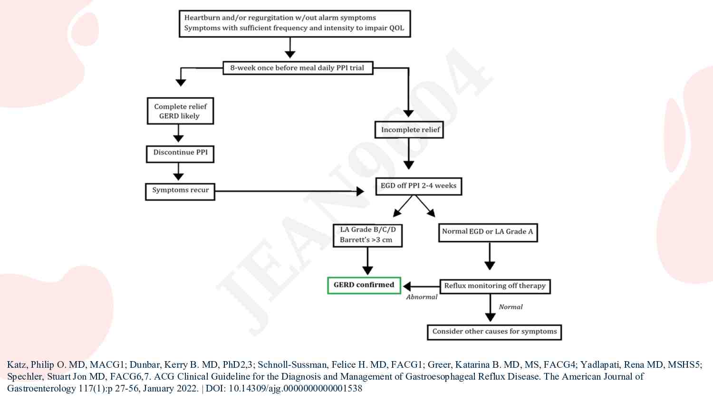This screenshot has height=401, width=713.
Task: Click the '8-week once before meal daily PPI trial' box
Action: tap(298, 68)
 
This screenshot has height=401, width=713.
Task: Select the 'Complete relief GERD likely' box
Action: tap(180, 111)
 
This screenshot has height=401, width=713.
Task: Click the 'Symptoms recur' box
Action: tap(180, 191)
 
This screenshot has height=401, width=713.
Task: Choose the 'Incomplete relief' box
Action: tap(409, 130)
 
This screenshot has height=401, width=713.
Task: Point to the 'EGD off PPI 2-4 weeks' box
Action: tap(418, 186)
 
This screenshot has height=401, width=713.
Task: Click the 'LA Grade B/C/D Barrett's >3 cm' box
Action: tap(367, 235)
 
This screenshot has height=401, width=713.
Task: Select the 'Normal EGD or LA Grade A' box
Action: tap(488, 232)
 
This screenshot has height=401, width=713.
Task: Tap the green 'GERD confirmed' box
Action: tap(364, 285)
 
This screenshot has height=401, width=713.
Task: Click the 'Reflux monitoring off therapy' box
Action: tap(495, 286)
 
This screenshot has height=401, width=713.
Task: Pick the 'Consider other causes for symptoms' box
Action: tap(494, 332)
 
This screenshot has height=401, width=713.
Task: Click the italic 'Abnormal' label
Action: tap(422, 297)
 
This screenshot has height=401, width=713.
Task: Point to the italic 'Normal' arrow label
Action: tap(511, 307)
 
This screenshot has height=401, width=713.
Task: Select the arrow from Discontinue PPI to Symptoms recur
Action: tap(178, 172)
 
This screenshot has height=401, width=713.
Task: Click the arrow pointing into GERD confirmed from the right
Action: tap(421, 286)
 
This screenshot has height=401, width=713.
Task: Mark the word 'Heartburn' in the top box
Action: tap(202, 18)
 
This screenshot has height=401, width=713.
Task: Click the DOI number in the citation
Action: tap(295, 388)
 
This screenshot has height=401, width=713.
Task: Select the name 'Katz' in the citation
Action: tap(17, 364)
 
